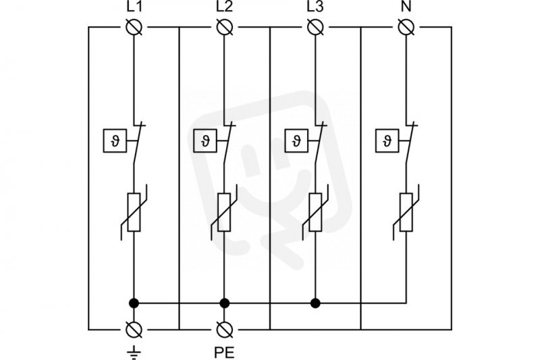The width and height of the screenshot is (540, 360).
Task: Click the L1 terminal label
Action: coord(134,7)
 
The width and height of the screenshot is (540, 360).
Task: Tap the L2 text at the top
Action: coord(225,7)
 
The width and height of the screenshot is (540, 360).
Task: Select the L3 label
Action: coord(315,7)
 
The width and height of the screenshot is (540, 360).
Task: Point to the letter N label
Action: coord(406,7)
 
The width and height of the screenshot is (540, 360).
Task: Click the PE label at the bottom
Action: coord(224,353)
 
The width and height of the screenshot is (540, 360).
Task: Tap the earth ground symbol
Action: coord(134,353)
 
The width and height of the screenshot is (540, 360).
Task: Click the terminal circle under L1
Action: coord(134,27)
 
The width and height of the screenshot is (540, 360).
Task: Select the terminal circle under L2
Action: coord(225,27)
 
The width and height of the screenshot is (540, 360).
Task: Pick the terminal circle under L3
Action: coord(315,27)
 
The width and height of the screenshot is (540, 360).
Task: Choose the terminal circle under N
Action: coord(406,27)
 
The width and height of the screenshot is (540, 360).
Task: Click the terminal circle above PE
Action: coord(225,330)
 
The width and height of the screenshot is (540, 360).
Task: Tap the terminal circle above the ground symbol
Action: coord(134,330)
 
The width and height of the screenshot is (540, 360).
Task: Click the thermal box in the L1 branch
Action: coord(115,140)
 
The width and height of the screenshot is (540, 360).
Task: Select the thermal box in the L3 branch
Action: coord(296,140)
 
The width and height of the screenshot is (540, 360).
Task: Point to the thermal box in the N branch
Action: coord(387,140)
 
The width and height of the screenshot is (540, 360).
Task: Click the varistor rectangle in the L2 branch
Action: coord(225,212)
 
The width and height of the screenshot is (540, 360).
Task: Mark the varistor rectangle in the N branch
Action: coord(406,212)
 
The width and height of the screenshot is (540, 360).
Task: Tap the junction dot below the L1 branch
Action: coord(134,303)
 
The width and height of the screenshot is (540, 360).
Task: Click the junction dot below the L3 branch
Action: coord(315,303)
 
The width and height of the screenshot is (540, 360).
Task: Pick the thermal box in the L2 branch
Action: coord(205,140)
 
